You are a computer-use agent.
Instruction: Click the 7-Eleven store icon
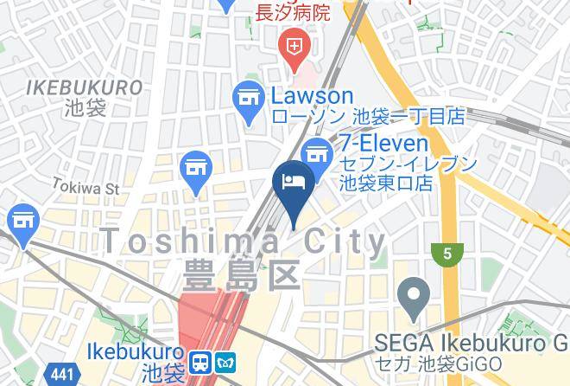320,153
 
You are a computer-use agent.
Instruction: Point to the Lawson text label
313,95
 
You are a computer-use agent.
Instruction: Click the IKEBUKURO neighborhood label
84,87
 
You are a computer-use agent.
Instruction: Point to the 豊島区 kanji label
242,276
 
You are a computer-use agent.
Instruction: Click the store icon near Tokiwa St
195,166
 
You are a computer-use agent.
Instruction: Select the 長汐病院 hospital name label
293,12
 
